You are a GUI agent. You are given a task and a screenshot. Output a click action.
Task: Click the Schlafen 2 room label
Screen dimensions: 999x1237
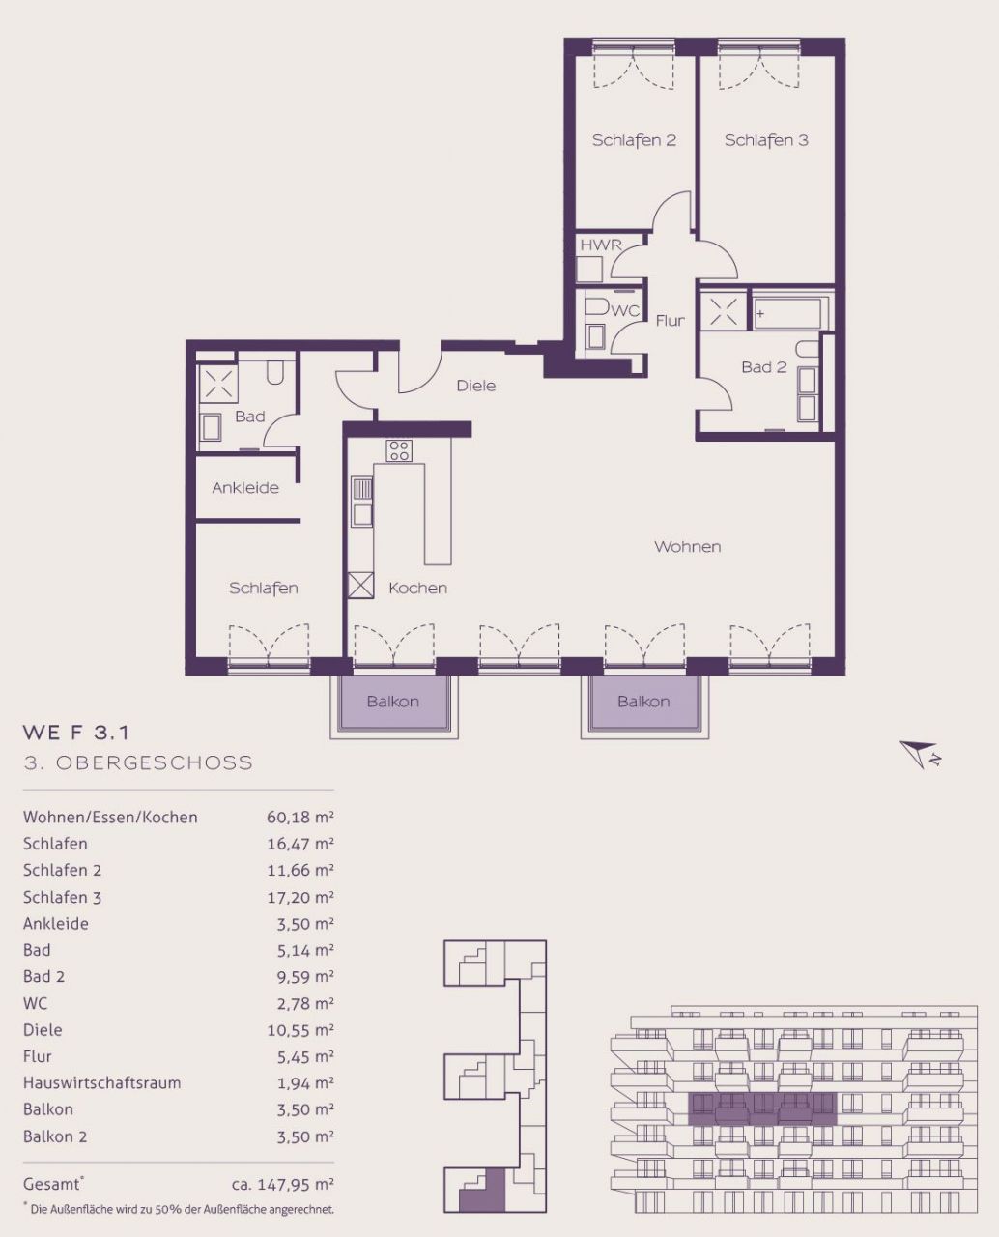(x=634, y=140)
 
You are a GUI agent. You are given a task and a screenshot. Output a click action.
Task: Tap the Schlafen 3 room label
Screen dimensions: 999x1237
(x=766, y=140)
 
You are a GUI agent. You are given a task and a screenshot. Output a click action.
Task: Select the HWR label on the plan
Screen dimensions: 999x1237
(x=601, y=245)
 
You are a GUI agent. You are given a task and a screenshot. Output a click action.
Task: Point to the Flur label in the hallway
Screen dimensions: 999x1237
(x=670, y=320)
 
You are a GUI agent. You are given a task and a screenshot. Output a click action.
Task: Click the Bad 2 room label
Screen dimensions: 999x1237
(x=764, y=367)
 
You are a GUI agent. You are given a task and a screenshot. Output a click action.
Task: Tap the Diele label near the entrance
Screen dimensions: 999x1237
(x=476, y=386)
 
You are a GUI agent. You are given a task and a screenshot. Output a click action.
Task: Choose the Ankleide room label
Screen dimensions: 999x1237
(x=245, y=488)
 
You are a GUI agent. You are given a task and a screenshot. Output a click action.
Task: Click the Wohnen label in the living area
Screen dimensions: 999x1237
(x=687, y=546)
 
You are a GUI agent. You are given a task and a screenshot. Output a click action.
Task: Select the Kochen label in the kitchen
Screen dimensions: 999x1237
(x=418, y=588)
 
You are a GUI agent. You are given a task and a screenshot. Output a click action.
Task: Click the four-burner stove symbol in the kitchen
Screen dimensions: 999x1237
(x=399, y=450)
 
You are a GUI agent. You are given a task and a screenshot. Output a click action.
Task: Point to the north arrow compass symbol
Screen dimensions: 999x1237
(x=920, y=754)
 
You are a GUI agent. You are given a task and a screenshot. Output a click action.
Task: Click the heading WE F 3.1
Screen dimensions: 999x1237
(x=75, y=733)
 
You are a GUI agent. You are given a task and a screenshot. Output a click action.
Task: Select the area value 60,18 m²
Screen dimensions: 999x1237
(x=300, y=818)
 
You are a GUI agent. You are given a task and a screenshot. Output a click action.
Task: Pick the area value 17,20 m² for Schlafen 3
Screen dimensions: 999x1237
(x=300, y=897)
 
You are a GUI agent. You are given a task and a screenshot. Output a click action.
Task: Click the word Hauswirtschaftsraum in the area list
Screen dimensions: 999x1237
(x=102, y=1082)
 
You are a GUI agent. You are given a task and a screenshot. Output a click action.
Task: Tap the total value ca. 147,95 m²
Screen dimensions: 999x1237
(x=283, y=1184)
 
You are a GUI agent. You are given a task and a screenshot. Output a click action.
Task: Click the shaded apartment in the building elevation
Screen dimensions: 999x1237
(x=762, y=1109)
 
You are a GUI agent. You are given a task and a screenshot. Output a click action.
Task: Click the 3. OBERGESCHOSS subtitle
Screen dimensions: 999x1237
(x=138, y=762)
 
